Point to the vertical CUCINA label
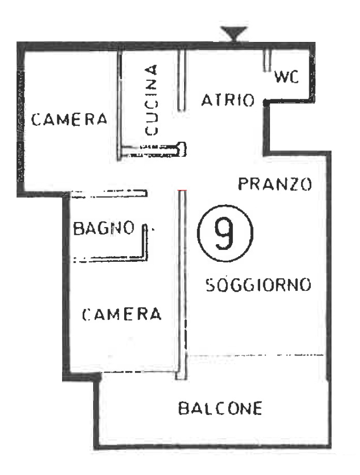[151, 99]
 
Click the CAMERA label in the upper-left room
[69, 120]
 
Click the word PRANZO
[274, 184]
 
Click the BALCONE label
[220, 408]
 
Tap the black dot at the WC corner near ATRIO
[265, 102]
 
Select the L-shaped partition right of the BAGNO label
[146, 243]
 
